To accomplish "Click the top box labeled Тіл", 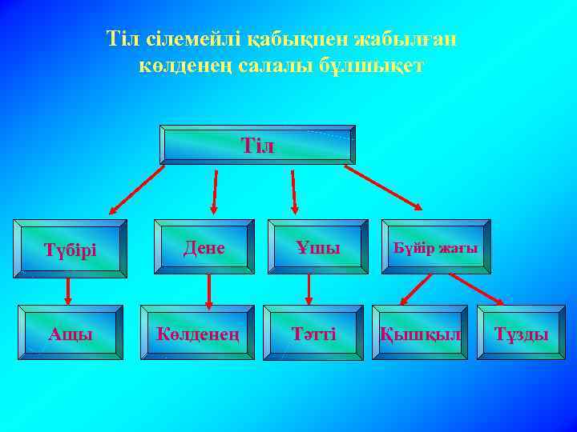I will point(257,145).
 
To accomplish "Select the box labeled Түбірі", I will point(70,249).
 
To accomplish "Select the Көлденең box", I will point(198,332).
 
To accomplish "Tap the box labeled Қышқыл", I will point(419,332).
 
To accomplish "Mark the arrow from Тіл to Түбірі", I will point(136,191).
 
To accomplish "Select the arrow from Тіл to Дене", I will point(214,190).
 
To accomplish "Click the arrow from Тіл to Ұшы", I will point(294,190).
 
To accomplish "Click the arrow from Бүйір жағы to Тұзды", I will point(477,290).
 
